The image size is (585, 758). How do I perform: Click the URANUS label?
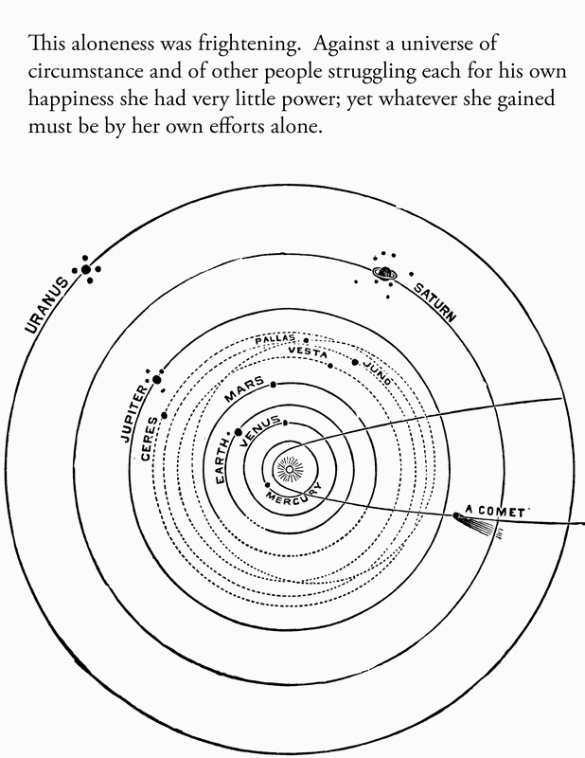click(47, 305)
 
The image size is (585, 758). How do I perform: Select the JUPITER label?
click(133, 413)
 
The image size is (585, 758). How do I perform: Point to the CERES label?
click(150, 439)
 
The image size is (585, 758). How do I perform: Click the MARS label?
click(244, 389)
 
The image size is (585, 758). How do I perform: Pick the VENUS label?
click(260, 428)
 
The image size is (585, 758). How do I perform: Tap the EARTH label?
click(222, 460)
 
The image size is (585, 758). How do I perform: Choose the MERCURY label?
click(294, 495)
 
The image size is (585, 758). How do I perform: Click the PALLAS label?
click(275, 339)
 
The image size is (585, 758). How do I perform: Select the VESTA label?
click(308, 352)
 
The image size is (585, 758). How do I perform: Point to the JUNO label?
click(378, 372)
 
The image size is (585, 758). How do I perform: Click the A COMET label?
click(495, 511)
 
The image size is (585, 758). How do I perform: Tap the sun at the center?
click(289, 469)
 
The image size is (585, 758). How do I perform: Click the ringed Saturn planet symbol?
click(385, 274)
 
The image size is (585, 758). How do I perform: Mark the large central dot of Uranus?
click(86, 270)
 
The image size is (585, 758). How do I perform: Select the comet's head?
click(455, 516)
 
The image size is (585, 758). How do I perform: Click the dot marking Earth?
click(239, 432)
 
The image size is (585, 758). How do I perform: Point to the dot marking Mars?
click(274, 385)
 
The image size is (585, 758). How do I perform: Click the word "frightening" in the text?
click(247, 45)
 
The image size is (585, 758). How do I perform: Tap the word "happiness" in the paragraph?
click(70, 100)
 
